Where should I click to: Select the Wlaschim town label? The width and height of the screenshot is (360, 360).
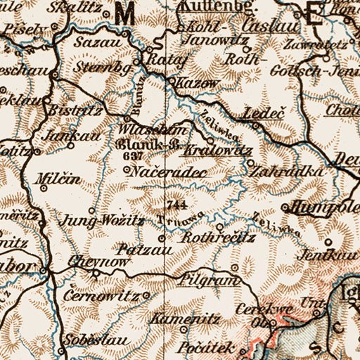[160, 130]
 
